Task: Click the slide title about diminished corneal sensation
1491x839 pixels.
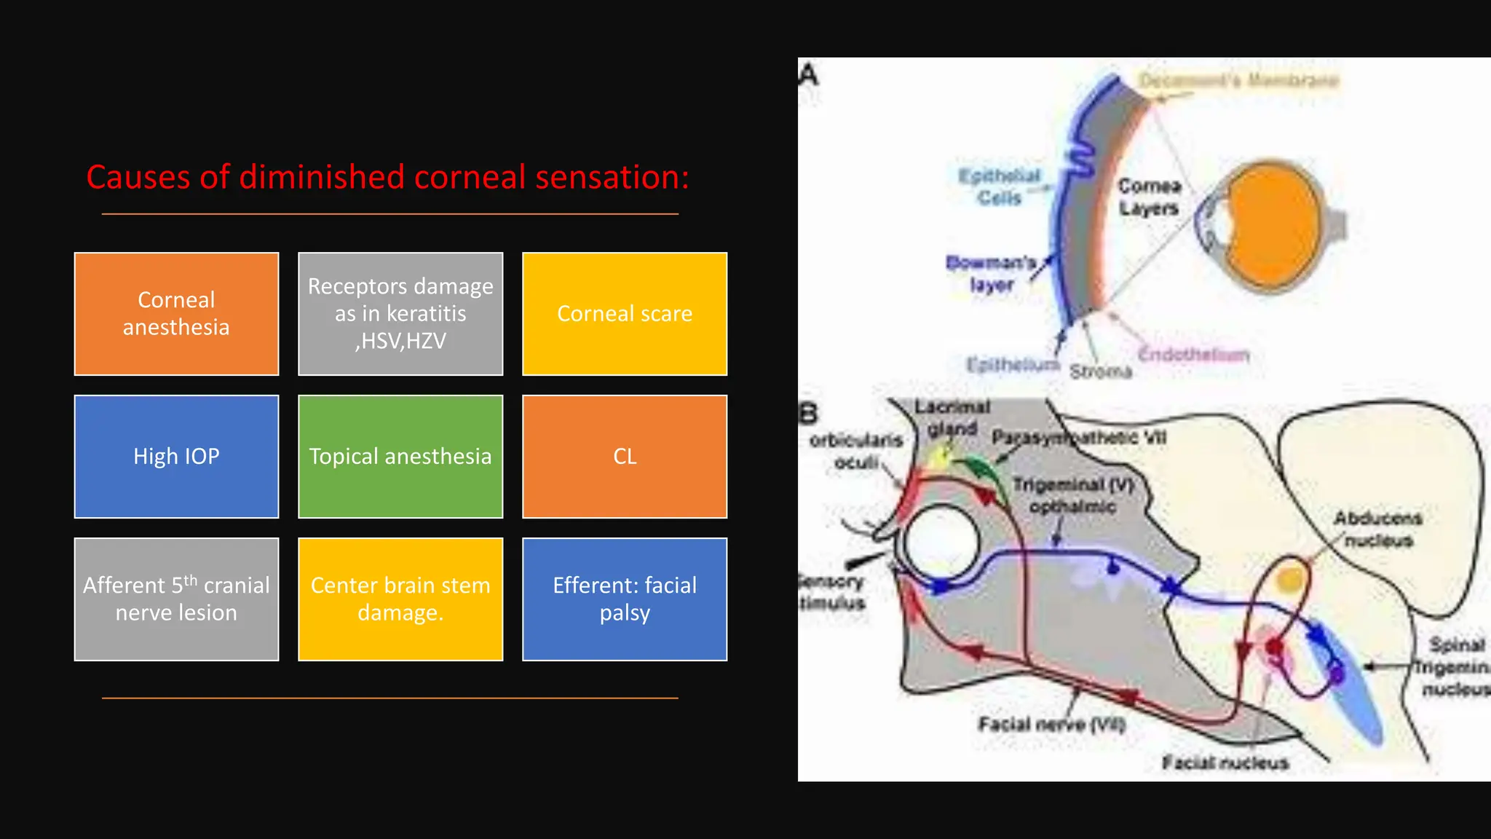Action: click(x=387, y=177)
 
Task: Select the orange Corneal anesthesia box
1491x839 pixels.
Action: click(x=176, y=314)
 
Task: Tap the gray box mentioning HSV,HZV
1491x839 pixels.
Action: click(x=400, y=314)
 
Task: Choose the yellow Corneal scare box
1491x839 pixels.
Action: click(x=625, y=314)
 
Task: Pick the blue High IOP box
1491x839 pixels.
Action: click(x=176, y=457)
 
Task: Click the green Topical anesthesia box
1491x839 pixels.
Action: click(x=400, y=457)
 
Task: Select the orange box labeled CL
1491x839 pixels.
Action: click(x=625, y=457)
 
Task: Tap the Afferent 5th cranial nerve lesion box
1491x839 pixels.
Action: click(x=176, y=599)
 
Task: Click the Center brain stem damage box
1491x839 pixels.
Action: click(x=400, y=599)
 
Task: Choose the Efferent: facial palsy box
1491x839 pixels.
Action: click(x=625, y=599)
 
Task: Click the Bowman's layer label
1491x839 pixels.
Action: click(x=990, y=273)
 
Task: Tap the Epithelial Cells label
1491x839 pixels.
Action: click(x=999, y=186)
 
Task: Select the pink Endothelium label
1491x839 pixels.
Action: click(x=1194, y=355)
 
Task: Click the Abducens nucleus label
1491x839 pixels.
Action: click(x=1377, y=529)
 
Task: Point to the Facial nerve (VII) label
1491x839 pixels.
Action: click(x=1051, y=724)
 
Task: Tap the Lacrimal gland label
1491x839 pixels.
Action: click(x=952, y=417)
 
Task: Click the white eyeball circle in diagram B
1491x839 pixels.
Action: click(x=941, y=543)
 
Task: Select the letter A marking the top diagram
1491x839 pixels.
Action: click(x=809, y=75)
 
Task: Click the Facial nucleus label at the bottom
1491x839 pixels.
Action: click(x=1225, y=763)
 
